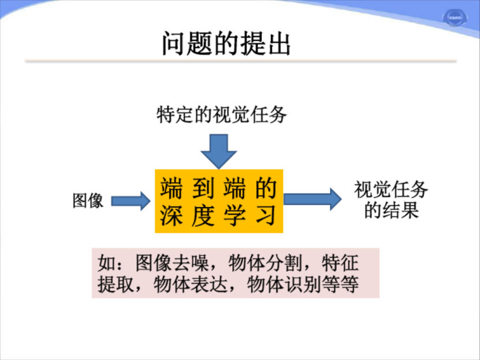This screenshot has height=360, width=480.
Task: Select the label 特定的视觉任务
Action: pos(222,115)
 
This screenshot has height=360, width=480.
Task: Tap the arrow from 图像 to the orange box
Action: pos(130,201)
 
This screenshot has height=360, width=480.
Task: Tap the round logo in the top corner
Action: pos(459,18)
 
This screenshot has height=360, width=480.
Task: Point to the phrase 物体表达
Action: pos(192,285)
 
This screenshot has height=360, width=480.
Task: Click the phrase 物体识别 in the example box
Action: pos(284,285)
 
